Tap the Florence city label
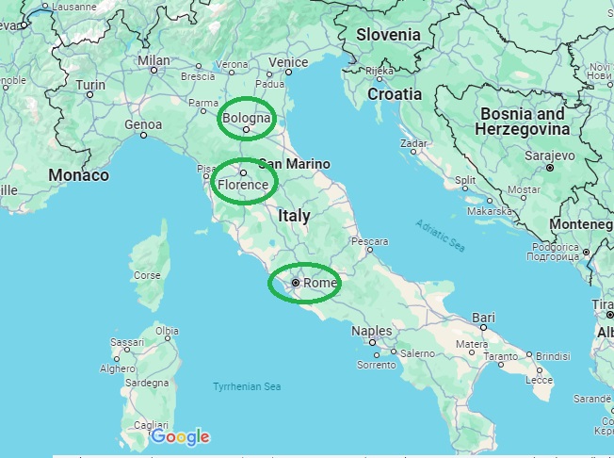tap(243, 185)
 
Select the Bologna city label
tap(246, 119)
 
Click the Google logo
tap(180, 437)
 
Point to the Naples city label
tap(371, 331)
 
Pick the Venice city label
tap(288, 63)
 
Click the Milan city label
tap(153, 60)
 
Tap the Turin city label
tap(90, 85)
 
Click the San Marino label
tap(294, 163)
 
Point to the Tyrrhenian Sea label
tap(247, 386)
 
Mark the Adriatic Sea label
tap(441, 234)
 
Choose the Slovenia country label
tap(388, 35)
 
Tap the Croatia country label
tap(395, 94)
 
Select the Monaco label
tap(78, 175)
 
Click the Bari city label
tap(483, 318)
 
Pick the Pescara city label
tap(369, 241)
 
